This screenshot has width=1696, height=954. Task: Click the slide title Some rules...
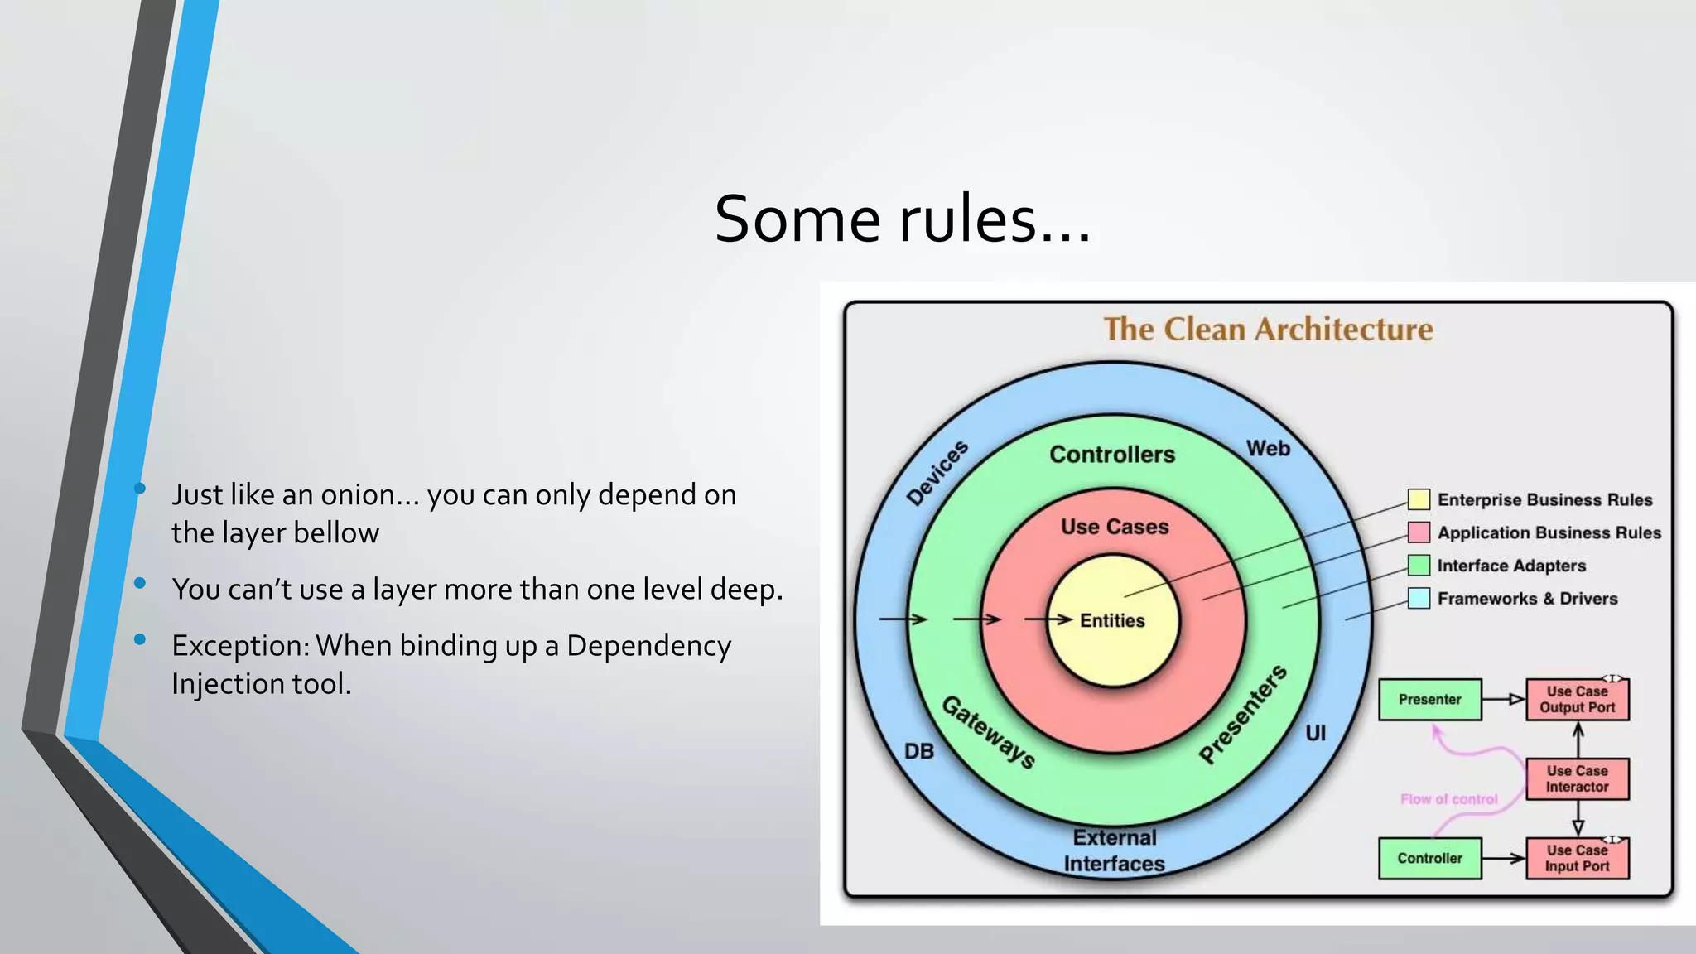[x=903, y=219]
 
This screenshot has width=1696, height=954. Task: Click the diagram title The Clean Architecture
[x=1268, y=330]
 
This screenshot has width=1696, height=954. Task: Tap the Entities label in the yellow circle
[x=1112, y=621]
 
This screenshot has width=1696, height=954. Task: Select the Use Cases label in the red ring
[x=1115, y=527]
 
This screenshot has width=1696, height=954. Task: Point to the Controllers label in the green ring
[x=1112, y=455]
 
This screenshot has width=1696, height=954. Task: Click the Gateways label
[x=988, y=732]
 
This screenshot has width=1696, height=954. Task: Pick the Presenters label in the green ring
[x=1243, y=713]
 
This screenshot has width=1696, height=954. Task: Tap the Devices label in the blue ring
[x=937, y=473]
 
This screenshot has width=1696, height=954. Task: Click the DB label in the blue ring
[x=919, y=751]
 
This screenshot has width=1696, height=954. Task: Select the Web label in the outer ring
[x=1268, y=449]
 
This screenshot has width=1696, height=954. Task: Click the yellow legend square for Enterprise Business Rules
[x=1419, y=499]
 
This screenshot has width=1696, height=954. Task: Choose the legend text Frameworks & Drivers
[x=1527, y=599]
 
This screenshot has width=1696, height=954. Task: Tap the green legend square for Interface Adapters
[x=1419, y=566]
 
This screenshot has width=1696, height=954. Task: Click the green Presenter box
[x=1429, y=700]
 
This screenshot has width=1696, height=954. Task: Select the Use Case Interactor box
[x=1577, y=779]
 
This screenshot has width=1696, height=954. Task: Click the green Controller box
[x=1429, y=859]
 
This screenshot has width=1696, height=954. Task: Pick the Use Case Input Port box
[x=1577, y=859]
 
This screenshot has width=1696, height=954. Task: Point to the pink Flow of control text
[x=1449, y=799]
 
